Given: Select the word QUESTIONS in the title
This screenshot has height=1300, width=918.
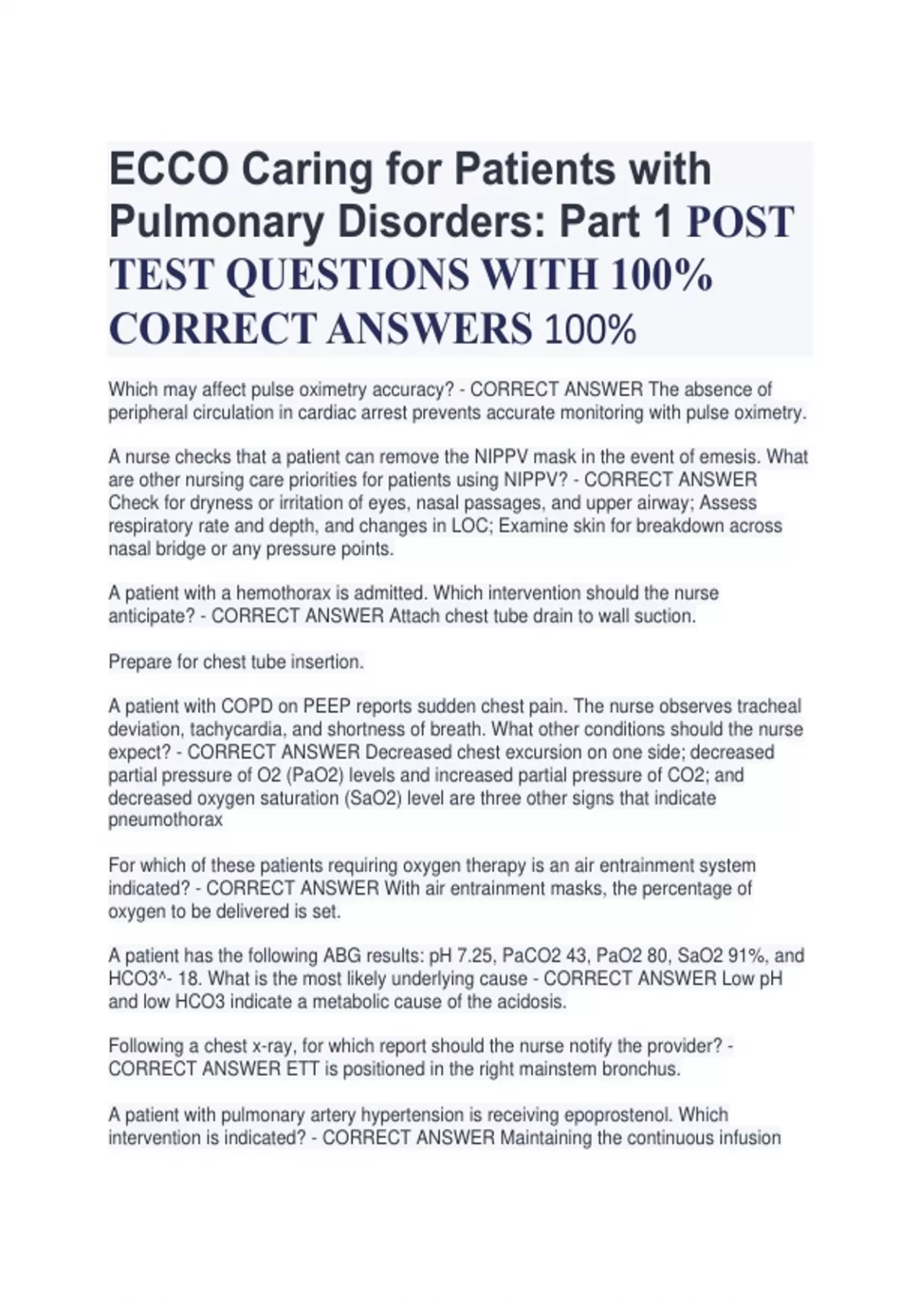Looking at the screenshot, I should (x=347, y=275).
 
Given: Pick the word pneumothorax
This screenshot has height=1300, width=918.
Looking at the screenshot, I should (x=165, y=821).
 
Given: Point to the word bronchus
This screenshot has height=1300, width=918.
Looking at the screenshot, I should (x=643, y=1069).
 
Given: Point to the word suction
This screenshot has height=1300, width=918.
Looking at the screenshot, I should (x=664, y=616).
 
